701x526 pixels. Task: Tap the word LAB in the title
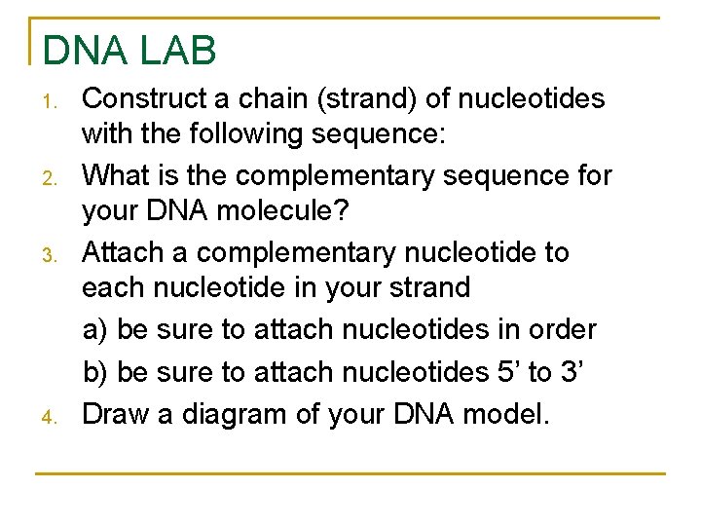(x=179, y=51)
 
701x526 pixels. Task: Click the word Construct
(x=141, y=98)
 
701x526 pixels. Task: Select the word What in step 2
(x=114, y=175)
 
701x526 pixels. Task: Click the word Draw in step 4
(x=115, y=414)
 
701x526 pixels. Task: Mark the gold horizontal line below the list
(x=350, y=473)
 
